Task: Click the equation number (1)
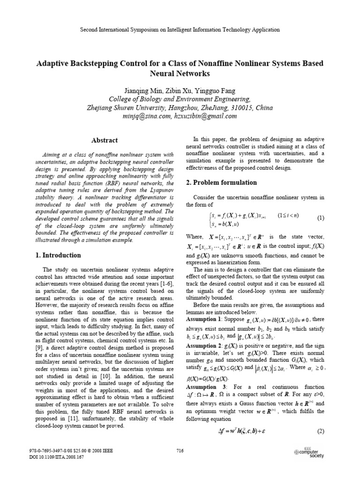coord(321,218)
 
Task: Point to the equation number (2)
coord(321,431)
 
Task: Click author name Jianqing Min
coord(139,90)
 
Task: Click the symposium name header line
coord(180,30)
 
